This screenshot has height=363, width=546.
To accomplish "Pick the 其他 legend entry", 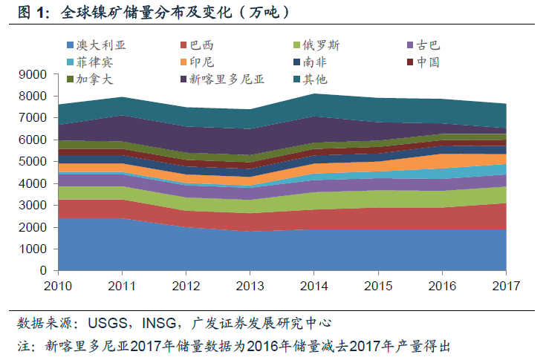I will tap(316, 78).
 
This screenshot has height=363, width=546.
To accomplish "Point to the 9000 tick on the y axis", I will tap(34, 74).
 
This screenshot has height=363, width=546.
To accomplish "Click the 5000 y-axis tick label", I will tap(34, 161).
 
